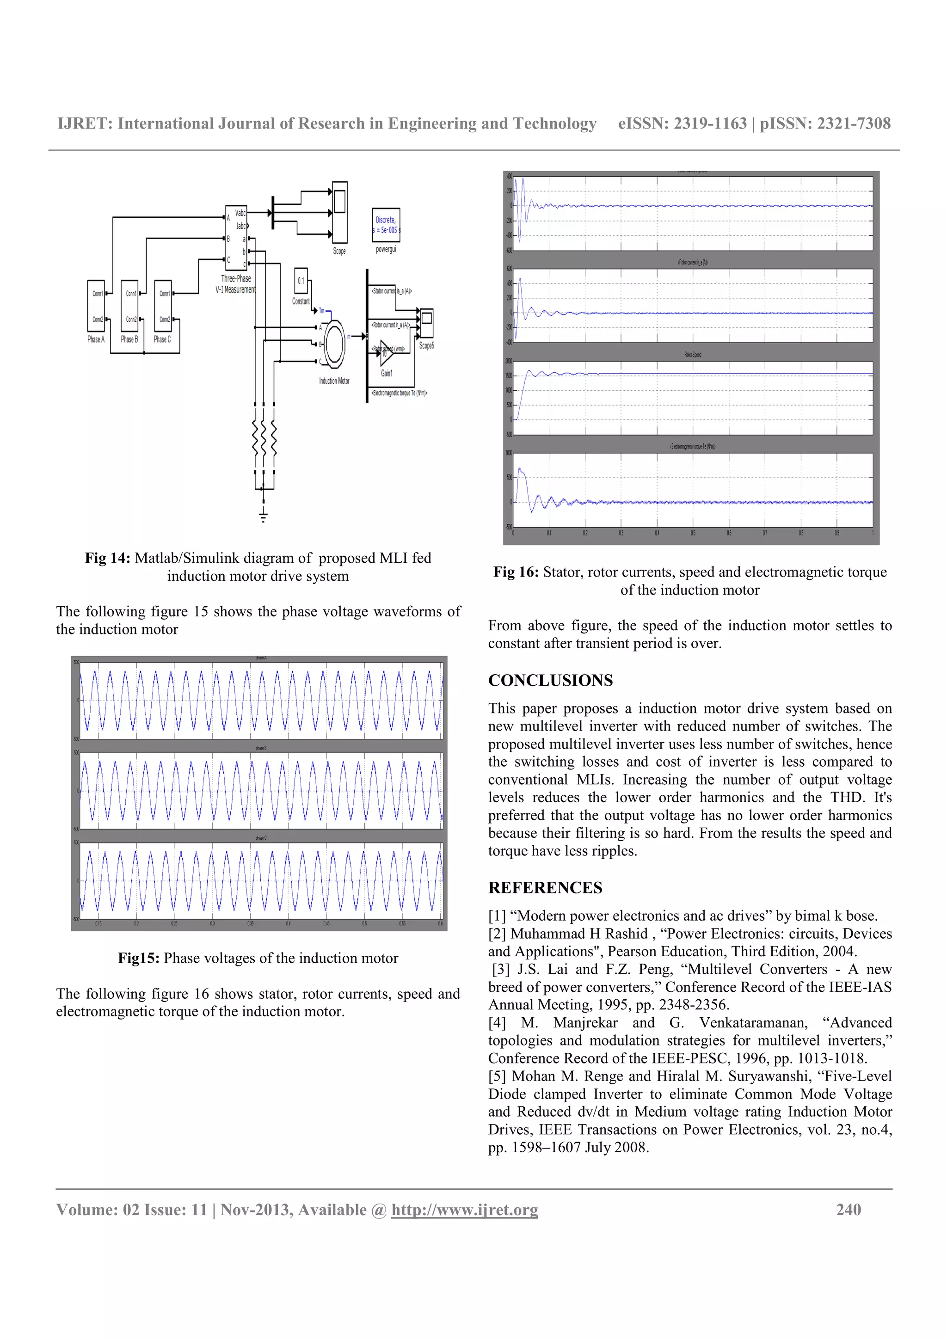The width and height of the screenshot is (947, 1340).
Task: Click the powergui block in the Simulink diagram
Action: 386,225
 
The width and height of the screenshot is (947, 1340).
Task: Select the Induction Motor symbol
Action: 334,344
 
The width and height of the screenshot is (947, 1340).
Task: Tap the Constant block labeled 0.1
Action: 301,281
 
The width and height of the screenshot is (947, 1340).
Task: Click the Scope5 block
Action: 426,323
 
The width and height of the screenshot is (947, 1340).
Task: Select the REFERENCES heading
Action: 545,888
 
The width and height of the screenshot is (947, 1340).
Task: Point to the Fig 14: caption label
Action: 107,558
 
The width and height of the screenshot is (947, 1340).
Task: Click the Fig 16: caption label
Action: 516,572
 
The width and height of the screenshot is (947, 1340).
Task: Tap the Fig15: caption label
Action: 138,959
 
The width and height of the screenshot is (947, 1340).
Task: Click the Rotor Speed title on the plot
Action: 693,354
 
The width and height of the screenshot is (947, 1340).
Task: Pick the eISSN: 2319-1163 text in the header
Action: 682,124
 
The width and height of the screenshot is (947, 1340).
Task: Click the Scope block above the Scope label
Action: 339,212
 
